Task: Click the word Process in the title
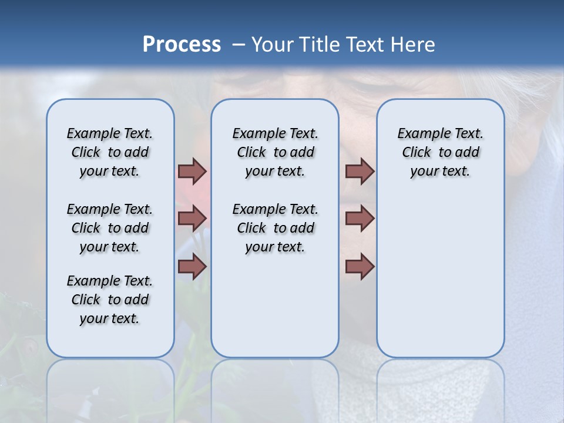pyautogui.click(x=182, y=45)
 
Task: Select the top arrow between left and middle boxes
pyautogui.click(x=192, y=172)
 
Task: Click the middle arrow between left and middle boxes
pyautogui.click(x=192, y=219)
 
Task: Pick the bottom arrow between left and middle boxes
pyautogui.click(x=192, y=266)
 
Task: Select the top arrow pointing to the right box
pyautogui.click(x=360, y=172)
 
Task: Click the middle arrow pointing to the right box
pyautogui.click(x=360, y=219)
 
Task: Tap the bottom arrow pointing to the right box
pyautogui.click(x=360, y=266)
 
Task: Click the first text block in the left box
pyautogui.click(x=110, y=152)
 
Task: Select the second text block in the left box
pyautogui.click(x=110, y=228)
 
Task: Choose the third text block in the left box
pyautogui.click(x=110, y=300)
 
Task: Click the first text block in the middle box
pyautogui.click(x=275, y=152)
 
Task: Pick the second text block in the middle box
pyautogui.click(x=275, y=228)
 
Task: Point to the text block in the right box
pyautogui.click(x=441, y=152)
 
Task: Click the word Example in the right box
pyautogui.click(x=421, y=134)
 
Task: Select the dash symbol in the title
pyautogui.click(x=238, y=45)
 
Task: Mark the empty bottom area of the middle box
pyautogui.click(x=275, y=311)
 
